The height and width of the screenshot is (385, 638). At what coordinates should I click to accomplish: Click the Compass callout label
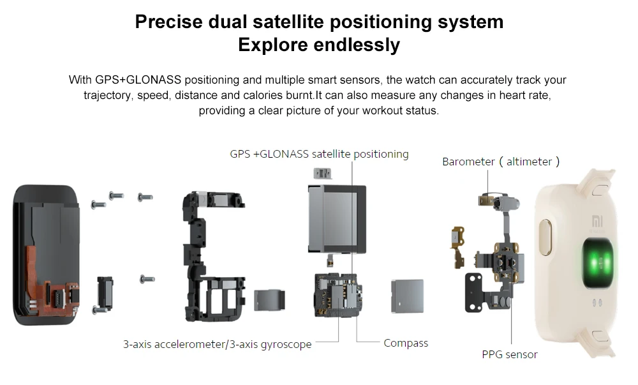(x=405, y=343)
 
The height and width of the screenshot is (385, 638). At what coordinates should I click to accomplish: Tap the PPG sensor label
(x=509, y=354)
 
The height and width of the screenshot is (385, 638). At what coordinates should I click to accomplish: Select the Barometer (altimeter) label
(x=501, y=162)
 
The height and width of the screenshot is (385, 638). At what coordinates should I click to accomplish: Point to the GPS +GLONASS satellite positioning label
(x=319, y=154)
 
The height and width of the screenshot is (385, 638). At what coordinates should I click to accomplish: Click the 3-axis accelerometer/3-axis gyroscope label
(x=217, y=344)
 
